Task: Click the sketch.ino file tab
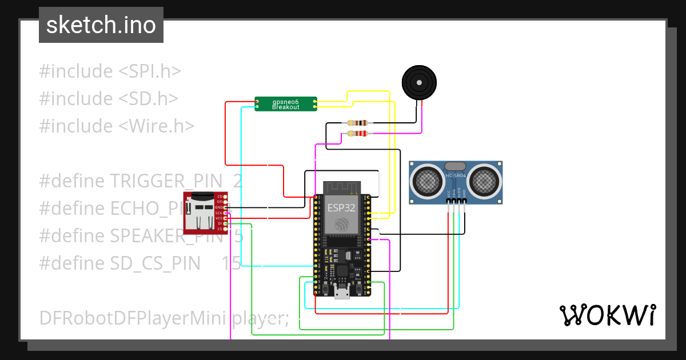click(101, 25)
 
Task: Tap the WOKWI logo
click(607, 315)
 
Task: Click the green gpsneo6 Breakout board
click(285, 103)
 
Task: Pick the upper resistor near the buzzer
click(357, 123)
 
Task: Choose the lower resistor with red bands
click(357, 134)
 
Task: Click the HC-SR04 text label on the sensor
click(456, 175)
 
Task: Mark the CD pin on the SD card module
click(220, 197)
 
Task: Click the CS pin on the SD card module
click(220, 229)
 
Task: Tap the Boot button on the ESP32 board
click(359, 290)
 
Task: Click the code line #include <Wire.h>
click(117, 126)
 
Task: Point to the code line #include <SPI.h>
click(110, 71)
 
